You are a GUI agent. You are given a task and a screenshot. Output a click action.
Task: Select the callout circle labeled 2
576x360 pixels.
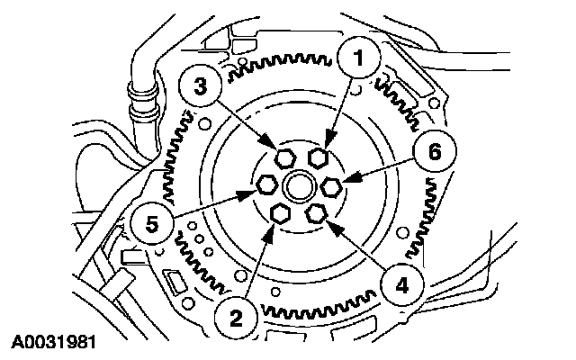(x=235, y=316)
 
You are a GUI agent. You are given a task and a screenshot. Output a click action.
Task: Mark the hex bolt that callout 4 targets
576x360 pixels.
(x=316, y=212)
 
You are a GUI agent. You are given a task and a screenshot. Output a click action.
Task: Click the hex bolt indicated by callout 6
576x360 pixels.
(x=331, y=186)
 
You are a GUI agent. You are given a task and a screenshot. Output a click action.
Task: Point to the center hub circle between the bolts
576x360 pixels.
(x=298, y=187)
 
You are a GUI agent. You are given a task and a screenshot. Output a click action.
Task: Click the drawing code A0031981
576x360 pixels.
(x=54, y=342)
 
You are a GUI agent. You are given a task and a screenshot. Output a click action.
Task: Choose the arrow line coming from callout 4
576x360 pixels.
(x=360, y=252)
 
